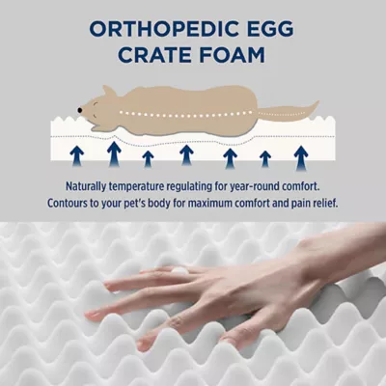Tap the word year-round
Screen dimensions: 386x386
click(260, 187)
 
